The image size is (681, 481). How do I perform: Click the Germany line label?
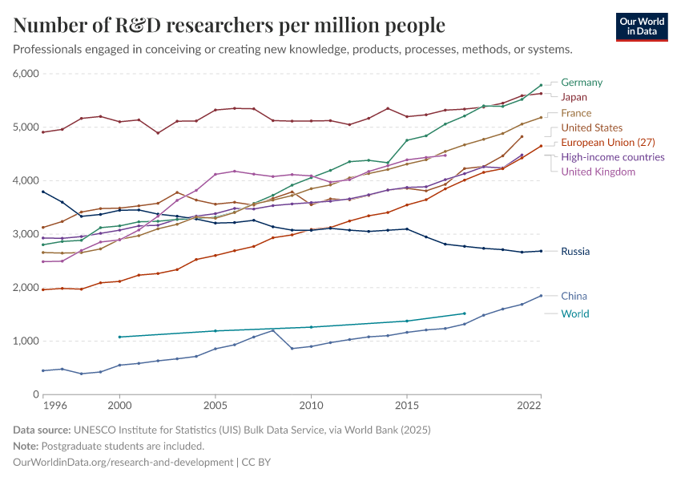tap(582, 83)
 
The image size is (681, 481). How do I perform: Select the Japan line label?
tap(574, 97)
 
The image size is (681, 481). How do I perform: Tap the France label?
tap(576, 113)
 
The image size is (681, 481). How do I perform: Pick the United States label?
tap(591, 127)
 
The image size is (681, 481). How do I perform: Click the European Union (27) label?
tap(608, 142)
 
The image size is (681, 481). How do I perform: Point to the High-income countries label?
tap(612, 157)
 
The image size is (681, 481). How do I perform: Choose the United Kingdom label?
tap(598, 172)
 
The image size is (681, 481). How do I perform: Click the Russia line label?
tap(575, 251)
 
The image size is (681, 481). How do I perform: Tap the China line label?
tap(574, 296)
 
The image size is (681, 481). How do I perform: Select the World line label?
tap(574, 313)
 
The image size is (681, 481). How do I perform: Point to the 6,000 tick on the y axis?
tap(26, 74)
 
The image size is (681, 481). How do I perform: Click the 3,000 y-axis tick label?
tap(26, 234)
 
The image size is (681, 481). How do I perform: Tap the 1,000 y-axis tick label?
tap(26, 341)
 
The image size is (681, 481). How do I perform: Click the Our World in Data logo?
tap(641, 26)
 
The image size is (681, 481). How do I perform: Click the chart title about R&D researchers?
tap(229, 26)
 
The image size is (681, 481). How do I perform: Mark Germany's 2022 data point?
tap(541, 85)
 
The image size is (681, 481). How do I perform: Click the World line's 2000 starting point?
tap(119, 337)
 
